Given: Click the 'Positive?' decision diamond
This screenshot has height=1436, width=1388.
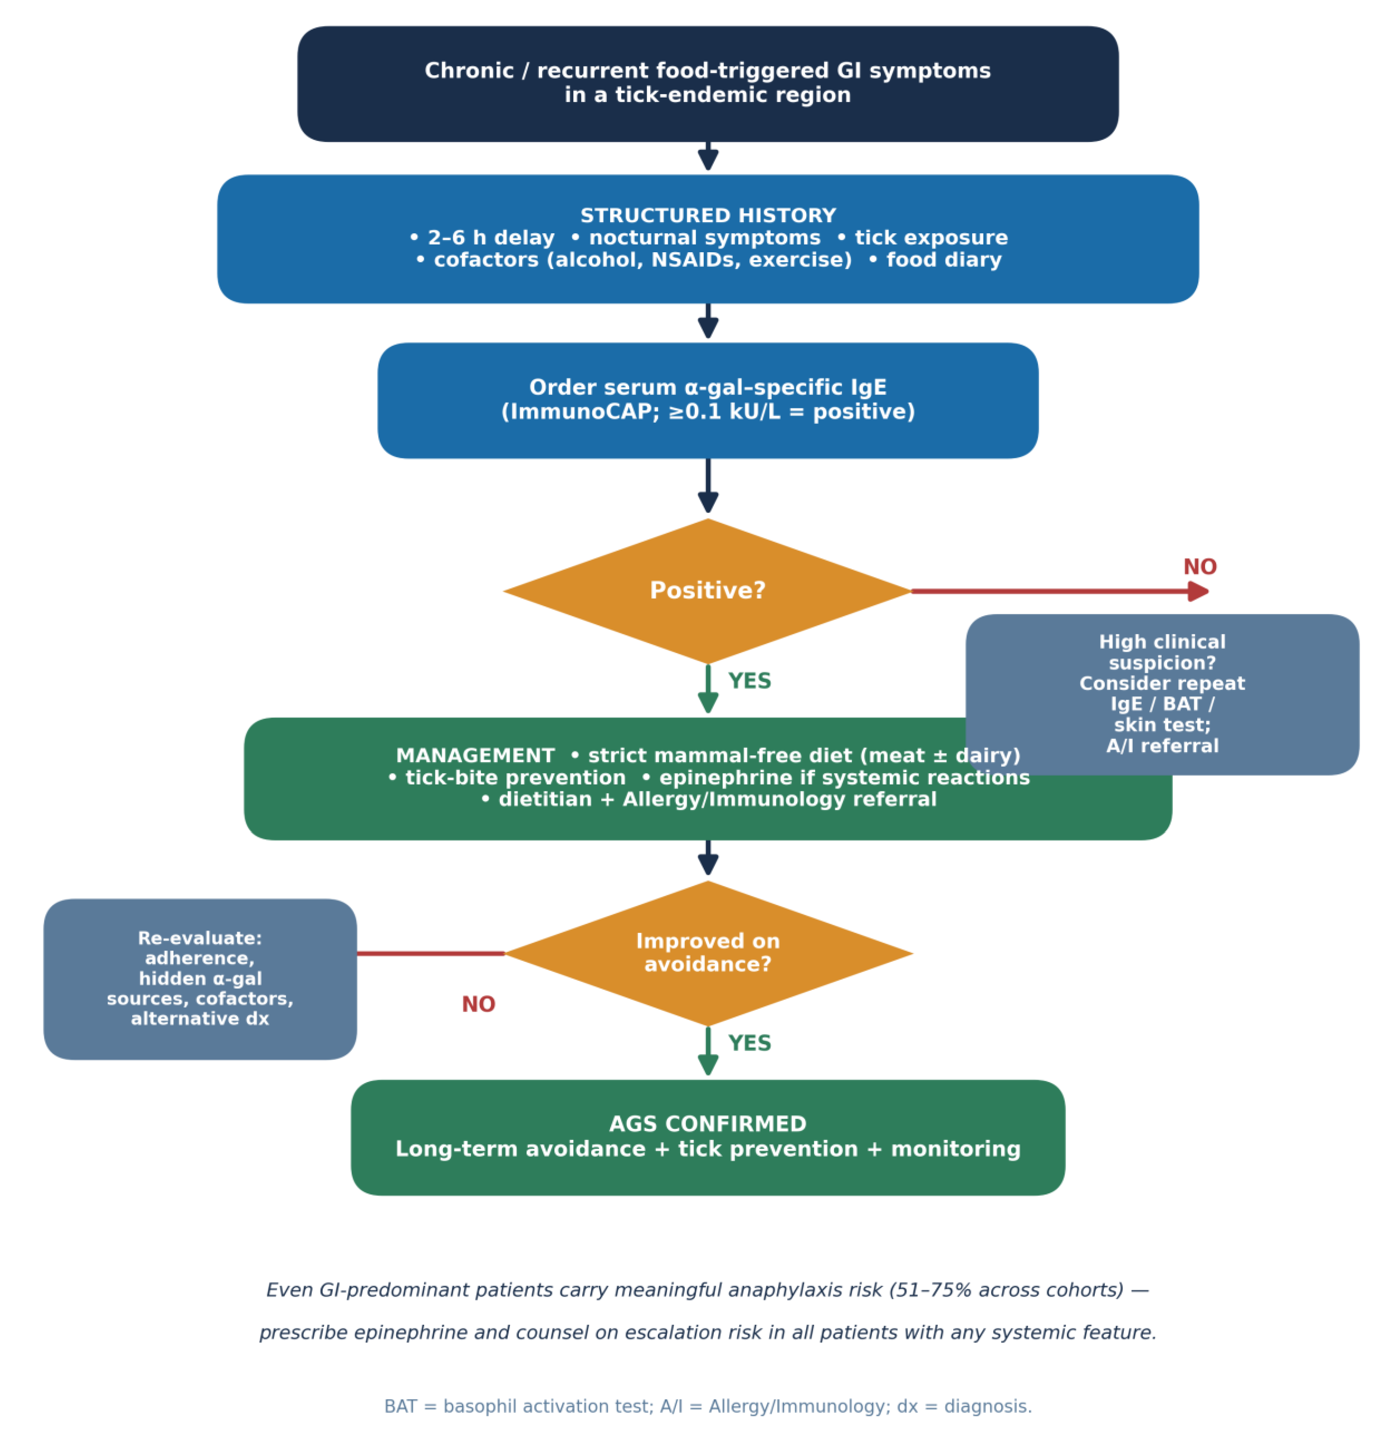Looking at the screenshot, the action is pos(707,591).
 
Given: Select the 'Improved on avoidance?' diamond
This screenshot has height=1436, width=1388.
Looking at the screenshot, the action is pos(707,953).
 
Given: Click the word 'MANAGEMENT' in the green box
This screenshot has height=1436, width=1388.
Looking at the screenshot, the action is pos(475,755).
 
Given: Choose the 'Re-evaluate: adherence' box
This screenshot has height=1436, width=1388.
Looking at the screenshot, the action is pos(200,979).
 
